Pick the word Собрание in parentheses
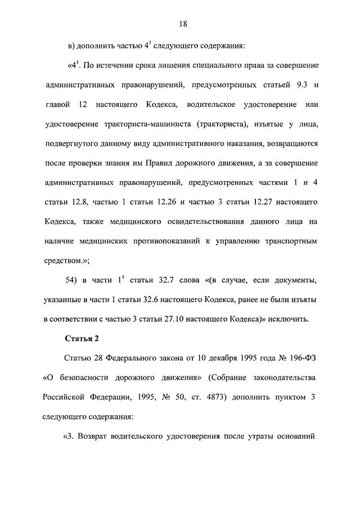pos(228,377)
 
